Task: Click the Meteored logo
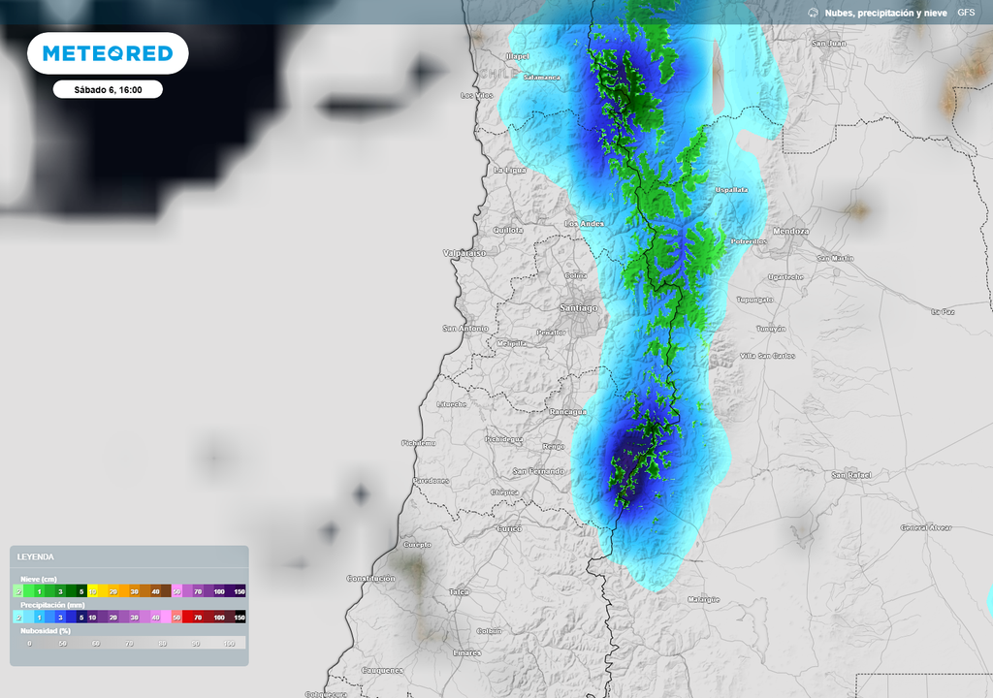point(108,53)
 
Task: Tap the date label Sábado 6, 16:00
point(108,89)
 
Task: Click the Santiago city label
point(578,307)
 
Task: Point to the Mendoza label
point(791,232)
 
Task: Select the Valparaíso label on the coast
point(464,252)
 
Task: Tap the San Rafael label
point(850,475)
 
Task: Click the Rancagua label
point(567,411)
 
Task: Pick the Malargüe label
point(703,599)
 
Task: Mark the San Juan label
point(828,44)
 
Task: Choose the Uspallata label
point(731,190)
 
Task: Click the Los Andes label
point(585,224)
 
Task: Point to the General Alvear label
point(925,527)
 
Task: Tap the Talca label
point(459,591)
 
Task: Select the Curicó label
point(508,528)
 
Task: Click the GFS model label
point(966,13)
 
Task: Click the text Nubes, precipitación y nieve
point(885,13)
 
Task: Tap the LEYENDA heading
point(36,556)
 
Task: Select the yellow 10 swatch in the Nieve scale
point(93,590)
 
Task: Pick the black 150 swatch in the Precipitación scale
point(240,617)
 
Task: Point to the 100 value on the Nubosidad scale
point(229,643)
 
